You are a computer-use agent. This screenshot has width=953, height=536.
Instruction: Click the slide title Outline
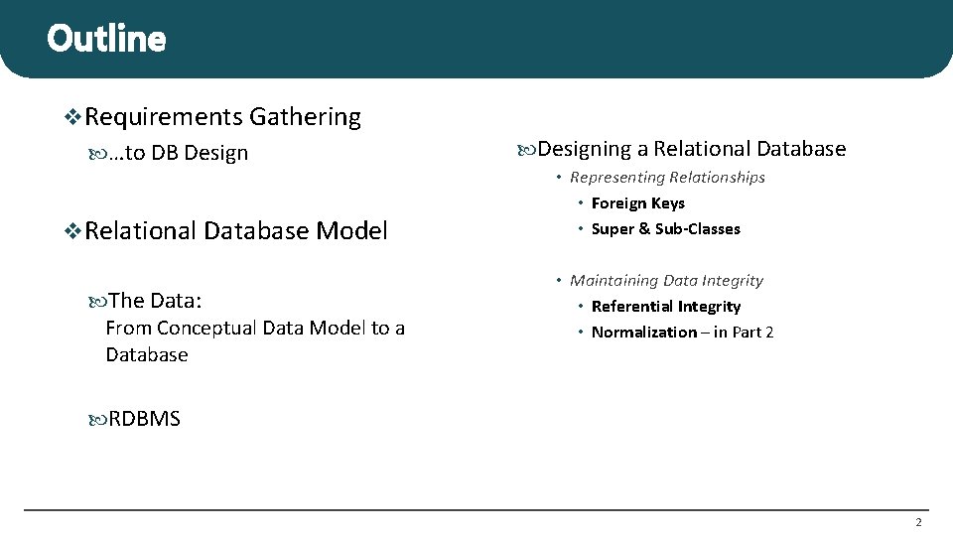[x=106, y=39]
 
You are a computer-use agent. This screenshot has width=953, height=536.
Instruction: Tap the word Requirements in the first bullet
[x=164, y=117]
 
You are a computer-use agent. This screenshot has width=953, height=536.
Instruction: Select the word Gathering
[x=305, y=117]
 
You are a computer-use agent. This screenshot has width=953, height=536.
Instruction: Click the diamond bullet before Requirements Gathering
[x=72, y=117]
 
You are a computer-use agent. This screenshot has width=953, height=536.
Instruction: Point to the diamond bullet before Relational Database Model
[x=72, y=231]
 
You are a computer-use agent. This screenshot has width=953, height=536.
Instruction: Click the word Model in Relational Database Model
[x=351, y=231]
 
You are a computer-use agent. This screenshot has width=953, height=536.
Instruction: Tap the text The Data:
[x=155, y=300]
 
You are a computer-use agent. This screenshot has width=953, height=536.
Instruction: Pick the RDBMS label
[x=144, y=419]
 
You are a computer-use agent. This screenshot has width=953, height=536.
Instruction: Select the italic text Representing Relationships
[x=667, y=177]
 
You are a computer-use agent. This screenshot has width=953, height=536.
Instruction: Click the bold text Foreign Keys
[x=637, y=203]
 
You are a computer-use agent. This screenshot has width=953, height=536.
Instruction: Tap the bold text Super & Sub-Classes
[x=665, y=229]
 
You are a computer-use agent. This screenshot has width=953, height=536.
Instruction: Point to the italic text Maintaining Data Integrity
[x=666, y=281]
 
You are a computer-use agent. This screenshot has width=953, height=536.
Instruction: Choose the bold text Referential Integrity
[x=665, y=307]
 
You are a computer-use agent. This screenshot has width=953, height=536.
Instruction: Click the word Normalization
[x=643, y=333]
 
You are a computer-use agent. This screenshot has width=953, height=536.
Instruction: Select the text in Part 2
[x=744, y=333]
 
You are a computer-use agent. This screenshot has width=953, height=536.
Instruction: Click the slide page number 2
[x=918, y=522]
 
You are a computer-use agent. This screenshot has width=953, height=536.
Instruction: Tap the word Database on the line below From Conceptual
[x=147, y=354]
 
